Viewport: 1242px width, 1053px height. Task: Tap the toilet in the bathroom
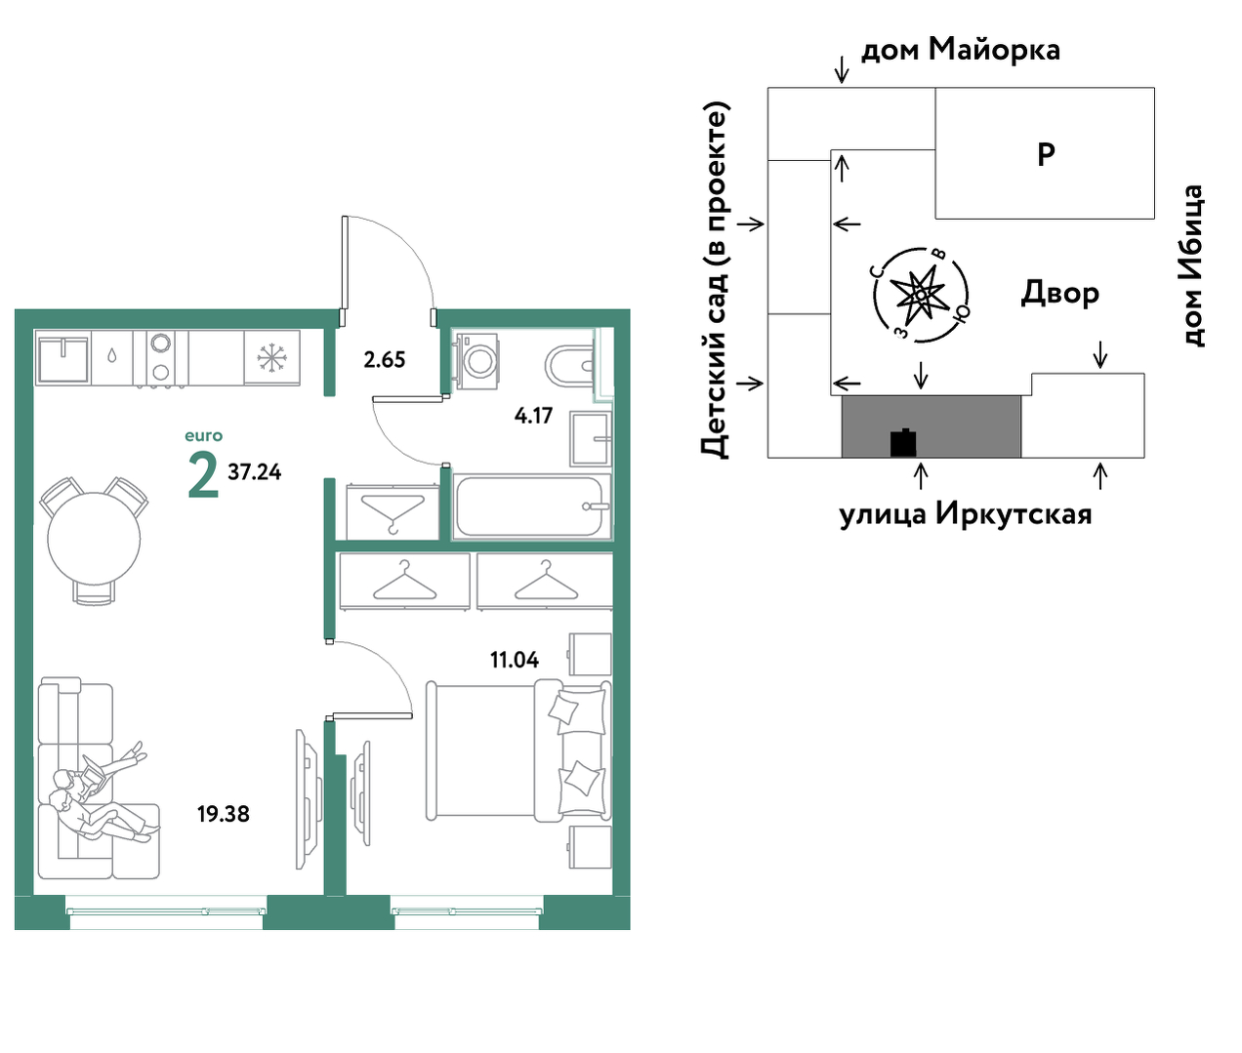click(569, 365)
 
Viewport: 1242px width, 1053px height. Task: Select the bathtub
click(531, 506)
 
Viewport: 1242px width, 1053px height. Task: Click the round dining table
click(94, 539)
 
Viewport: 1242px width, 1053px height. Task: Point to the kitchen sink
click(62, 358)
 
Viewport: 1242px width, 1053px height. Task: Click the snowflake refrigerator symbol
click(271, 357)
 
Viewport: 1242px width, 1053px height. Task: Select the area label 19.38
click(224, 814)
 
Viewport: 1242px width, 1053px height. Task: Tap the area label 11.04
click(515, 660)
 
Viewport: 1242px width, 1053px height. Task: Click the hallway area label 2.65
click(385, 360)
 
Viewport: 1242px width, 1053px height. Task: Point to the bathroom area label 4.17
click(533, 415)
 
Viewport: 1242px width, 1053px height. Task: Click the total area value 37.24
click(254, 472)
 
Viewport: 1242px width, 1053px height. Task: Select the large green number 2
click(203, 474)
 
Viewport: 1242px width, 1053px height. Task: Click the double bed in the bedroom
click(518, 750)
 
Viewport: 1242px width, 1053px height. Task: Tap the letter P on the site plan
click(1046, 154)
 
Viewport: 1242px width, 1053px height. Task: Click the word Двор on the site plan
click(1060, 293)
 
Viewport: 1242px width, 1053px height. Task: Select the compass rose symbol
click(920, 295)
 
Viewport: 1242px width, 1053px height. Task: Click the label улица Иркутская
click(966, 514)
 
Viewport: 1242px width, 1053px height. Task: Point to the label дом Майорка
click(960, 50)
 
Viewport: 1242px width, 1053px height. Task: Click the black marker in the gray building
click(903, 443)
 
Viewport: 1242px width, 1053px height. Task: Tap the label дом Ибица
click(1193, 264)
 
